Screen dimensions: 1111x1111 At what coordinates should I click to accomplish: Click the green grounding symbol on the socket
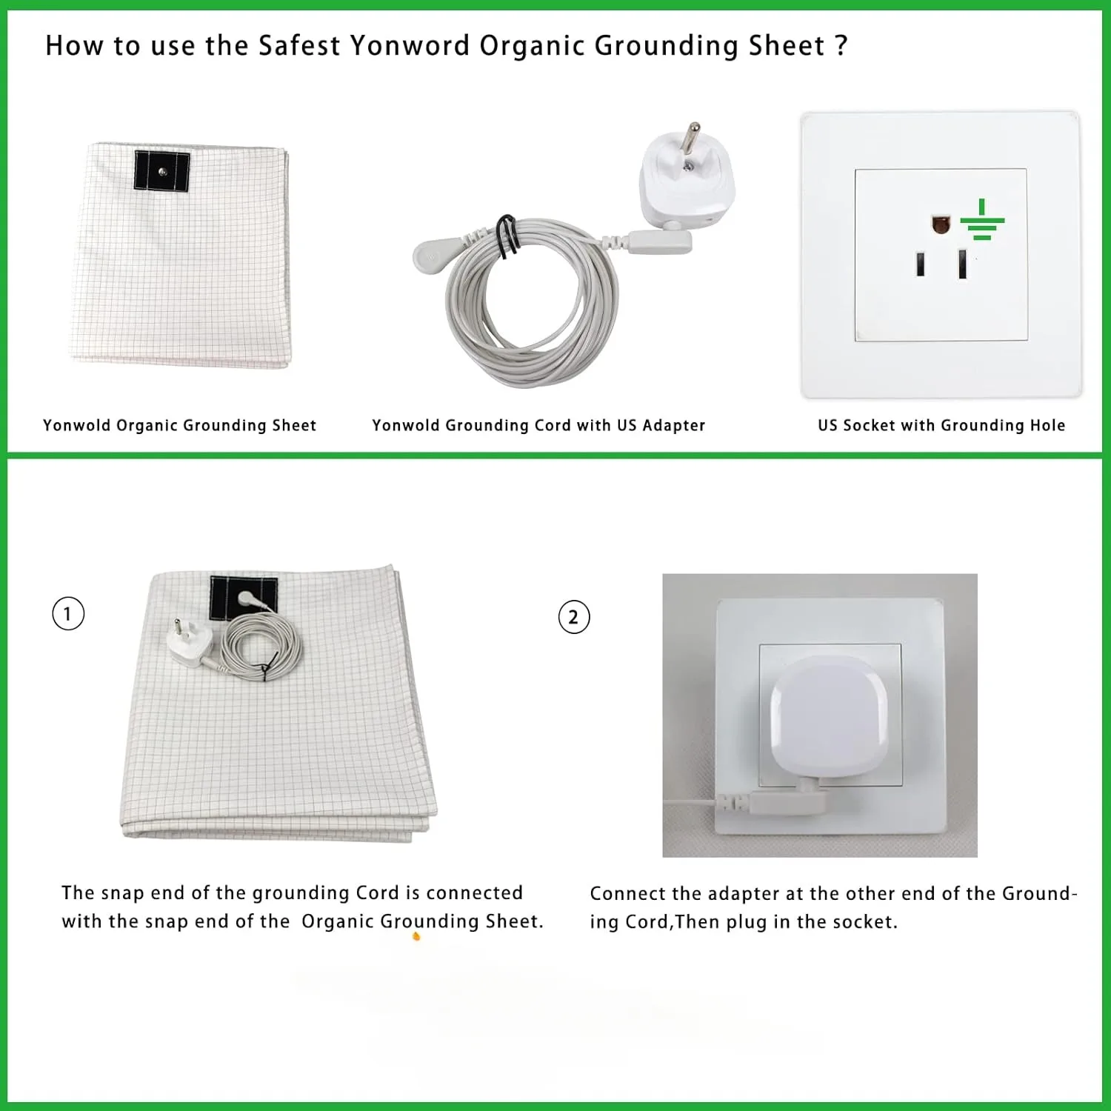pyautogui.click(x=982, y=221)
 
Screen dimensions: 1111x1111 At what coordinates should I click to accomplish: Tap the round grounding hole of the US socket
pyautogui.click(x=941, y=224)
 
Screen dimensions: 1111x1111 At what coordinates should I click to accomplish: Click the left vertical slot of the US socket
pyautogui.click(x=920, y=264)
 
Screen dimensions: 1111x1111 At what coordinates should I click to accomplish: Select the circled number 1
pyautogui.click(x=68, y=614)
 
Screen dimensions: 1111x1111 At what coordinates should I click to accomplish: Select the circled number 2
pyautogui.click(x=573, y=618)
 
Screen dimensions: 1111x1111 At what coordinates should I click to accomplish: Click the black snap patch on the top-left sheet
pyautogui.click(x=162, y=171)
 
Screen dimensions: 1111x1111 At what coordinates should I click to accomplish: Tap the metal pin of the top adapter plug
pyautogui.click(x=692, y=137)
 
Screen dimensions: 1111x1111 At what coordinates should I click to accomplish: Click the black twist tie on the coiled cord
pyautogui.click(x=507, y=236)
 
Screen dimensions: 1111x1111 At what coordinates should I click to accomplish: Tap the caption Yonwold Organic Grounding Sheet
pyautogui.click(x=179, y=425)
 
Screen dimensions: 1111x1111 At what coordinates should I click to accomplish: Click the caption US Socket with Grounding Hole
pyautogui.click(x=941, y=425)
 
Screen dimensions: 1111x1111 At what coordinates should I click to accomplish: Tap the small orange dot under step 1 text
pyautogui.click(x=416, y=937)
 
